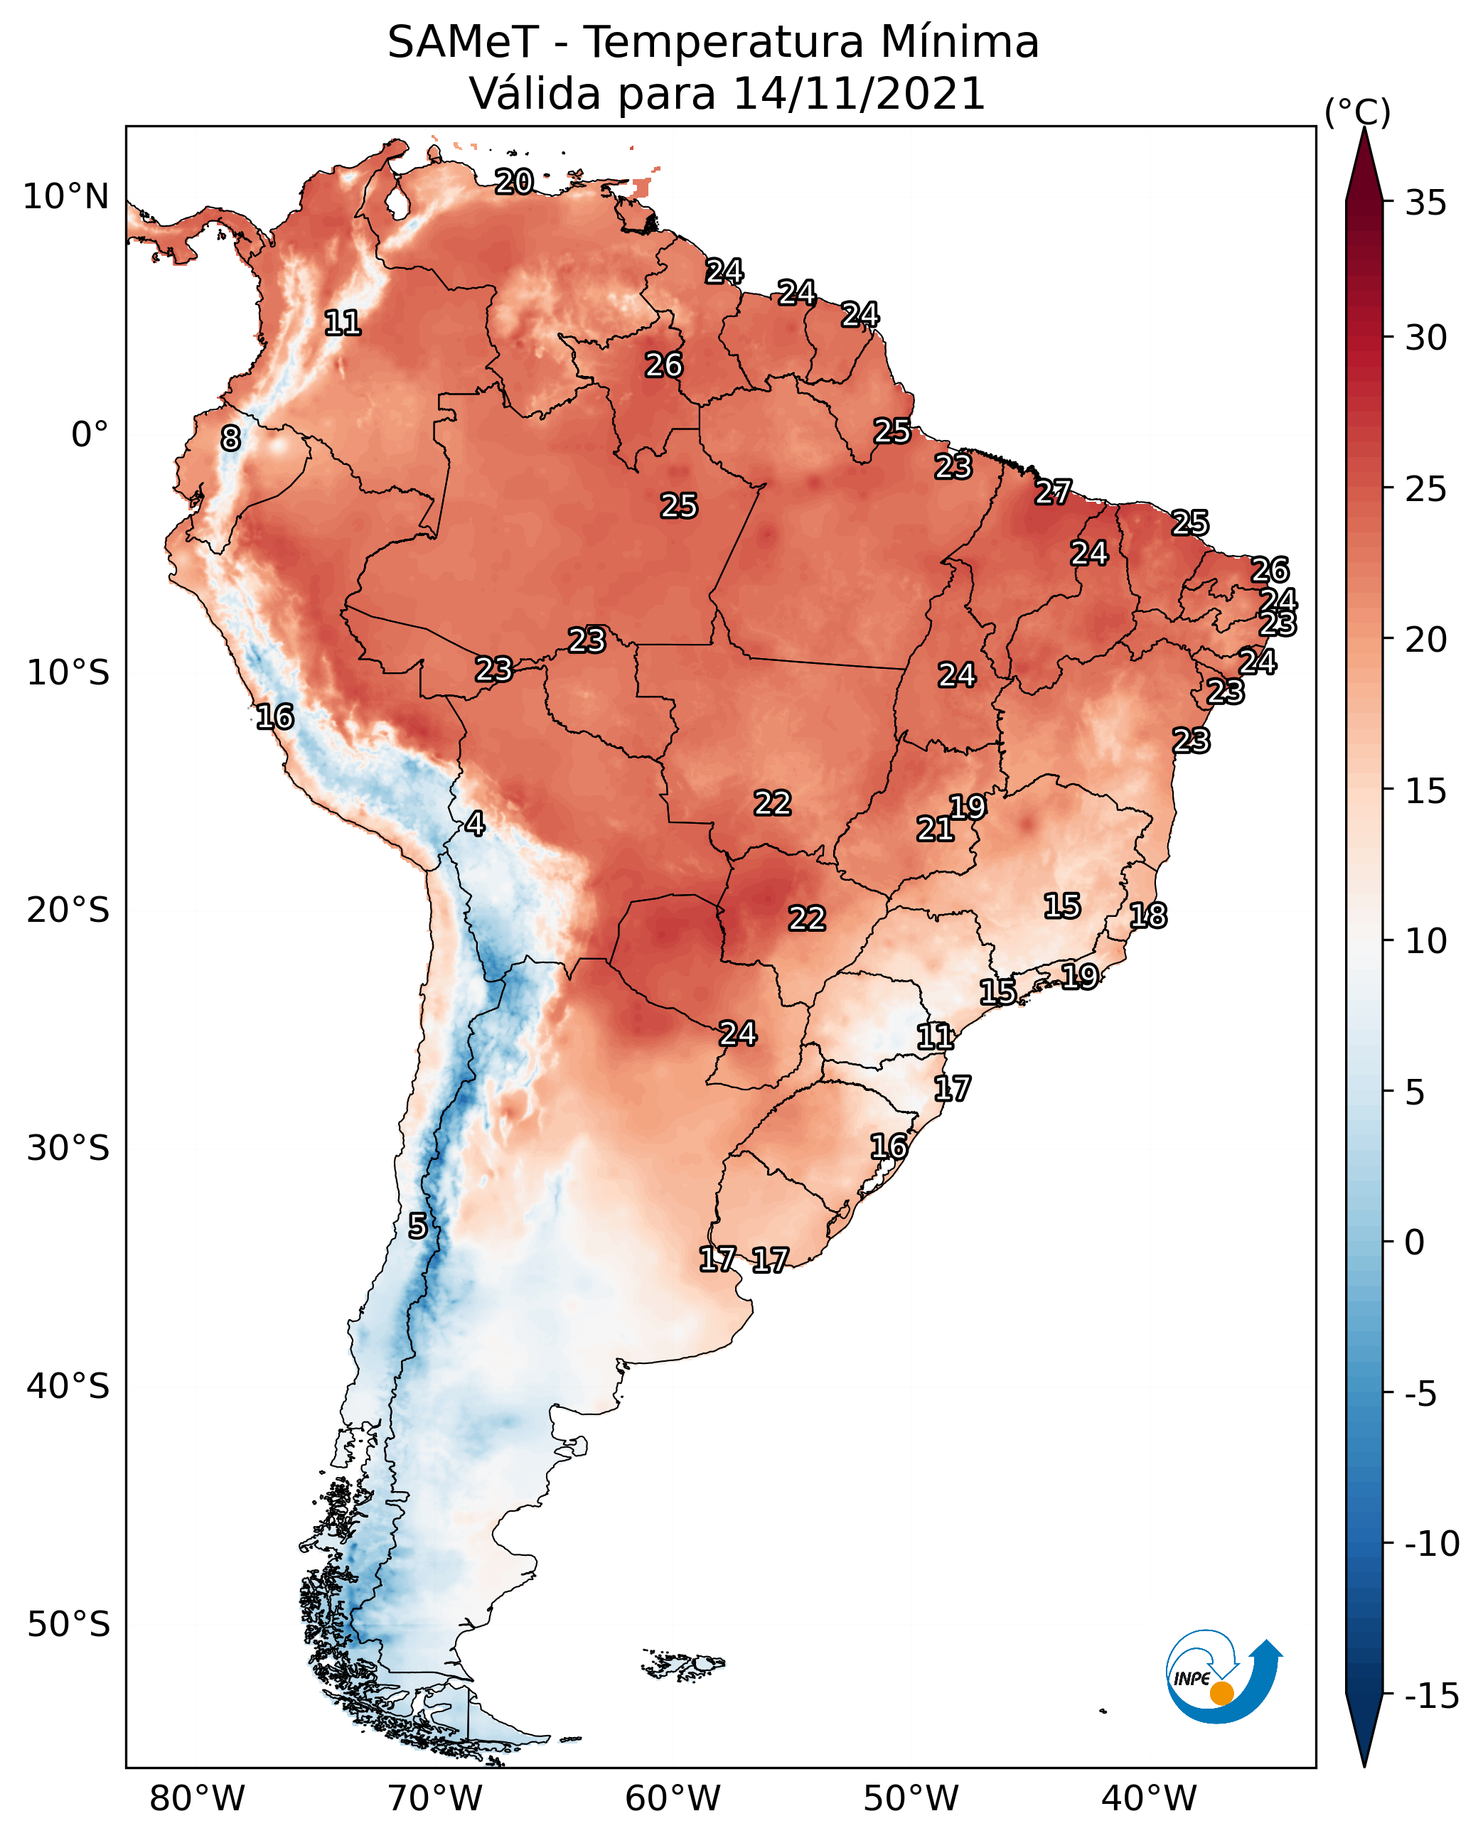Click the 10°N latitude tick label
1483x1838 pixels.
(66, 198)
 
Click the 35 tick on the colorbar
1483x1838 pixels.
(1425, 203)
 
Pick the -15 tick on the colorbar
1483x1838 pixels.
(1432, 1695)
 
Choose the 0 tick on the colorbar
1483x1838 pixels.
(1415, 1242)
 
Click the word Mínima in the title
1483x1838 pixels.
(959, 42)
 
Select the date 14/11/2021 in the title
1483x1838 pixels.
(860, 93)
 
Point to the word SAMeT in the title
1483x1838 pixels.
(463, 42)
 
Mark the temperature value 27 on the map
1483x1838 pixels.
(1054, 492)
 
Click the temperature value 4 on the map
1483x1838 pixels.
(475, 823)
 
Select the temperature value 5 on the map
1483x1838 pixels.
(417, 1225)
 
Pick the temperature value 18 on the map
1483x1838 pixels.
(1148, 915)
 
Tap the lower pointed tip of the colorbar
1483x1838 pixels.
(1364, 1766)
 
